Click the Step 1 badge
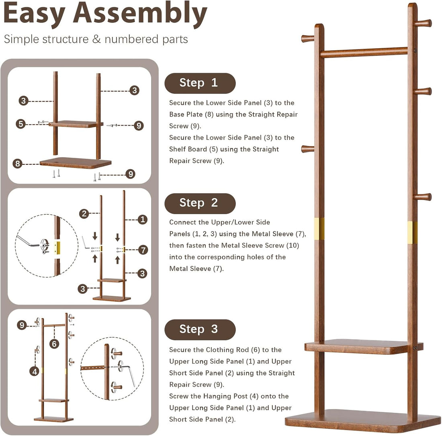(200, 83)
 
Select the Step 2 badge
(200, 203)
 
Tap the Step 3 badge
(200, 330)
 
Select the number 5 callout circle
(21, 124)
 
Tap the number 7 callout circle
(143, 250)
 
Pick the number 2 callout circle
(84, 214)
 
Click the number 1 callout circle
(142, 219)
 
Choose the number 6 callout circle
(54, 344)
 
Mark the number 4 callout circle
(35, 371)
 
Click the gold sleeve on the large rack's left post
(319, 229)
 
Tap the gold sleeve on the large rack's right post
(412, 232)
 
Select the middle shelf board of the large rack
(364, 347)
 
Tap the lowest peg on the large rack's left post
(308, 149)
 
